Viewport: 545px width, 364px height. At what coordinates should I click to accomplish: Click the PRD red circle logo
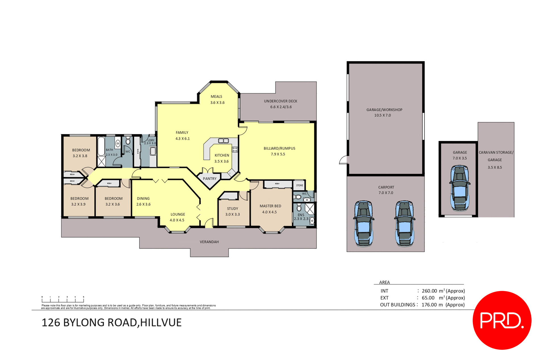502,320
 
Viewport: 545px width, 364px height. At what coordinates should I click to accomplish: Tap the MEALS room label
216,97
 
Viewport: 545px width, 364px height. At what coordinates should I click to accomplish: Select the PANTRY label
209,179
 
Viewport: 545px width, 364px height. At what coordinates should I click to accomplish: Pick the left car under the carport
363,223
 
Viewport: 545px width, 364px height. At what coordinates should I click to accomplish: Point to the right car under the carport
404,223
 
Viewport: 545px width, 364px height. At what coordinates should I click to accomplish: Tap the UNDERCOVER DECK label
280,101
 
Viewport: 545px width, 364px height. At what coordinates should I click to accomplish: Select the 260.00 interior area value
429,291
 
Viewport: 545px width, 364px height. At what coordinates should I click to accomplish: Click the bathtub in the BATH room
101,147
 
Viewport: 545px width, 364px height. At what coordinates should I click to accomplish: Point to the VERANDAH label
209,242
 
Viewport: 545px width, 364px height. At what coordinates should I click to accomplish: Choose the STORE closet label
299,185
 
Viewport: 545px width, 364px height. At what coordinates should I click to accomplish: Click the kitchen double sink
223,141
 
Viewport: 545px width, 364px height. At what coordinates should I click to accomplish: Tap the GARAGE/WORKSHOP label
384,110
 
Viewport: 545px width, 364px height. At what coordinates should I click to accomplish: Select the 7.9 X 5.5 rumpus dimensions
278,154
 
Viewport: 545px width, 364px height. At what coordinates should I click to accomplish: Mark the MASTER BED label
270,206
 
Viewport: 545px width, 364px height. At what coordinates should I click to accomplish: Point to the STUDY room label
232,209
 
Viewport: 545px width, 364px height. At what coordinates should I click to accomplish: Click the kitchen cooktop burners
235,149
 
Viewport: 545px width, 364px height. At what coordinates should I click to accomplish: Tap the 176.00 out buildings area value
429,305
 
